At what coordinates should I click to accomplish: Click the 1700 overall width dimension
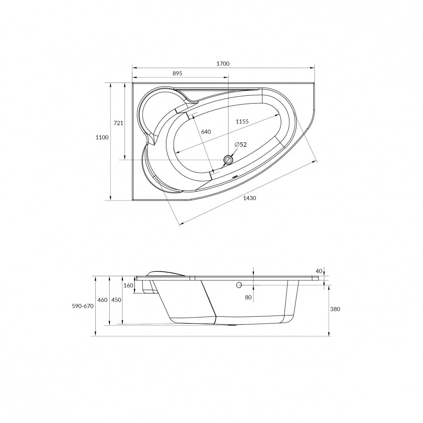point(223,64)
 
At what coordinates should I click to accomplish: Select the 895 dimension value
point(177,73)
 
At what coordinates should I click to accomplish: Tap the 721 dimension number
point(118,123)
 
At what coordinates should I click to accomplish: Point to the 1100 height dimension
point(102,137)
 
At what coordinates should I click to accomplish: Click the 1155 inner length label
point(242,122)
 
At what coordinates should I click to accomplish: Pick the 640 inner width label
point(206,132)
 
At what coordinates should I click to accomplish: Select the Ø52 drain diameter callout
point(241,144)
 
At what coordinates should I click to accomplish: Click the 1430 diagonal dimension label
point(249,198)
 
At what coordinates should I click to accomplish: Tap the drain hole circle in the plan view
point(228,160)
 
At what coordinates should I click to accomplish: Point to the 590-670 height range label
point(83,306)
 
